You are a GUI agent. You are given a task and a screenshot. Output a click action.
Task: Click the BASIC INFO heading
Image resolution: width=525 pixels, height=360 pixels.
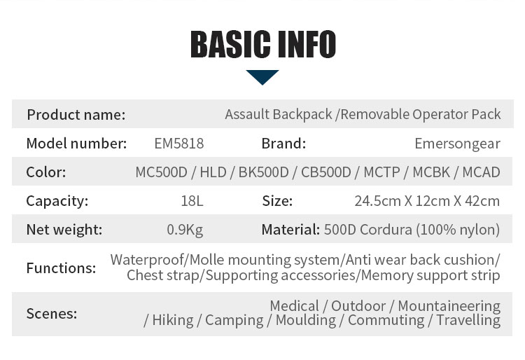click(x=262, y=44)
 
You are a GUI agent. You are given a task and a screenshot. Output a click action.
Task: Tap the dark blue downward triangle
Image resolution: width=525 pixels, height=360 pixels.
click(x=262, y=76)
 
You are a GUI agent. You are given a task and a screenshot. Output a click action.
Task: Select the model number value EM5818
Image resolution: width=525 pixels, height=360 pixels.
click(x=178, y=144)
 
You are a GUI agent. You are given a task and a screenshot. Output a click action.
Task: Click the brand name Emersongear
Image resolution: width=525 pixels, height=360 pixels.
click(x=457, y=144)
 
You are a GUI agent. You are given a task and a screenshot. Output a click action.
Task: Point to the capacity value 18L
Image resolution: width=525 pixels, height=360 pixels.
click(x=192, y=201)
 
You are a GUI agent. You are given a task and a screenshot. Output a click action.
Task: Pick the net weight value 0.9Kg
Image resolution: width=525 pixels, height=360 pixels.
click(x=185, y=230)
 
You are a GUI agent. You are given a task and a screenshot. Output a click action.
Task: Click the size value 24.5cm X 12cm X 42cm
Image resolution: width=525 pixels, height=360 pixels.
click(x=427, y=201)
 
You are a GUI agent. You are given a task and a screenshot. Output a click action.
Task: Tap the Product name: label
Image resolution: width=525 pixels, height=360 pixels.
click(x=76, y=115)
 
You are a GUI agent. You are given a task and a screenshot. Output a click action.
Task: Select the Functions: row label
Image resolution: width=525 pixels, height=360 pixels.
click(x=62, y=268)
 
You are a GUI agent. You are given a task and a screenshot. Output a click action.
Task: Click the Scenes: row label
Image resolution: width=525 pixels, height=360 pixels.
click(x=52, y=314)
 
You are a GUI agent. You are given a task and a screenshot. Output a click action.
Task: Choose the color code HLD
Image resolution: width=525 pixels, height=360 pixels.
click(x=213, y=172)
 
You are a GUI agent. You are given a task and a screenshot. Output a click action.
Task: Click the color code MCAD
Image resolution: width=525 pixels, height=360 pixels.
click(x=481, y=172)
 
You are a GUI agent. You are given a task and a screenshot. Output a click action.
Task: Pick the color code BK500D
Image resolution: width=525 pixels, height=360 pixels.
click(x=263, y=172)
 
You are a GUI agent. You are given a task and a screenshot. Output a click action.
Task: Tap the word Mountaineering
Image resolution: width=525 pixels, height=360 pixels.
click(x=449, y=306)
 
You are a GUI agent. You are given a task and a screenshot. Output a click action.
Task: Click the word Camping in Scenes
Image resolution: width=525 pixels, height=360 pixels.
click(x=234, y=320)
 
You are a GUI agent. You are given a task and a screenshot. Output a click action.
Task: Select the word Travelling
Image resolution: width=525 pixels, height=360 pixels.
click(x=468, y=320)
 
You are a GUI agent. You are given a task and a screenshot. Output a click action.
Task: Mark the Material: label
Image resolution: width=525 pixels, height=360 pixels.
click(x=290, y=230)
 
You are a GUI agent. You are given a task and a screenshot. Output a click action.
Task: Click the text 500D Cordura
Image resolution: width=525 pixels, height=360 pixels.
click(x=368, y=230)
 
